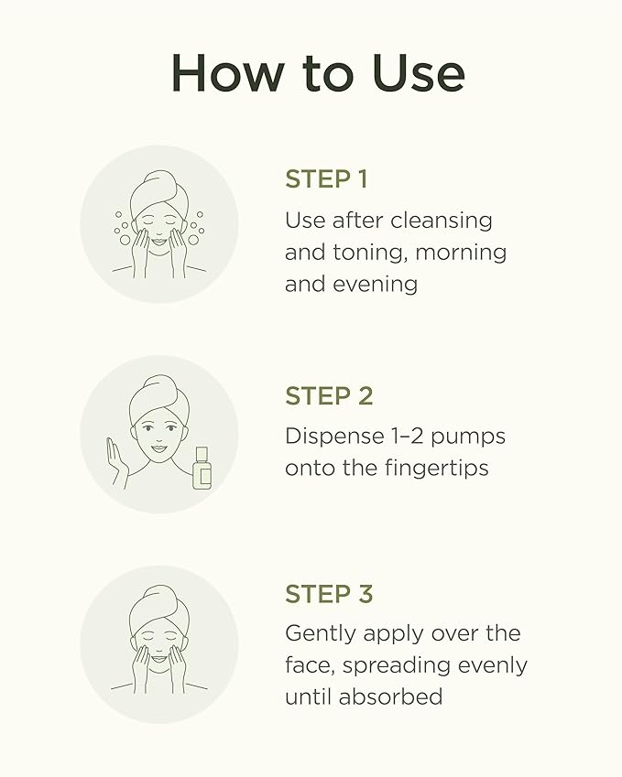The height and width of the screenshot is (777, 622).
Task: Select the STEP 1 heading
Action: pos(326,178)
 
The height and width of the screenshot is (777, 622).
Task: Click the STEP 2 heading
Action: pos(329,396)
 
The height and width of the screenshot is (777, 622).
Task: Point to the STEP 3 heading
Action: pos(329,594)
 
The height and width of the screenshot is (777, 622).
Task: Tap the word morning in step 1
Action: pos(461,254)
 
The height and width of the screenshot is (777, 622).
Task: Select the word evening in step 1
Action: pos(375,286)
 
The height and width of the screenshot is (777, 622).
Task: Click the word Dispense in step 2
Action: pos(334,437)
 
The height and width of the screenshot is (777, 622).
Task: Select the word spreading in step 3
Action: pos(397,666)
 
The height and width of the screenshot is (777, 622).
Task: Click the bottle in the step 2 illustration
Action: pos(202,468)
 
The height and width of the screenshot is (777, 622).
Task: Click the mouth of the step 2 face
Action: pos(158,448)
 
